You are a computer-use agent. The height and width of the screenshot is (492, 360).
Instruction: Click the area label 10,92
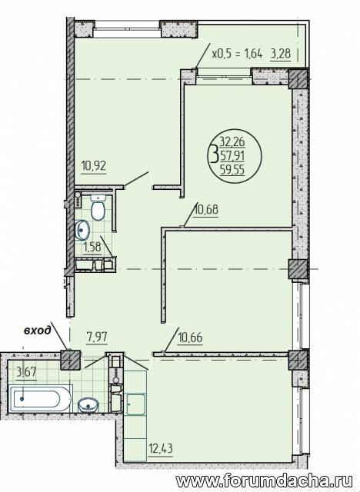click(x=94, y=165)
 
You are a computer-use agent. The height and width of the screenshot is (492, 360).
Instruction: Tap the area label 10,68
click(x=206, y=209)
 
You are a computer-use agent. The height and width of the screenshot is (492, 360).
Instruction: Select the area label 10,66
click(x=190, y=338)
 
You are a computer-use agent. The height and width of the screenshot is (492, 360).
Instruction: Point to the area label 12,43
click(x=160, y=448)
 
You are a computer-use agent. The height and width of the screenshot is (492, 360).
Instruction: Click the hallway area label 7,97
click(x=97, y=337)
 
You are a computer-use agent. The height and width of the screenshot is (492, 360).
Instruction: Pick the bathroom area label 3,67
click(x=26, y=372)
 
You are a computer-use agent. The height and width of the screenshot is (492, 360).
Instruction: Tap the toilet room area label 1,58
click(x=92, y=247)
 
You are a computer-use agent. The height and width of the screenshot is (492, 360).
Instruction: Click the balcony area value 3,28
click(x=280, y=54)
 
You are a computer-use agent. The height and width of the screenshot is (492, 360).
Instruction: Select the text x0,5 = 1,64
click(x=237, y=54)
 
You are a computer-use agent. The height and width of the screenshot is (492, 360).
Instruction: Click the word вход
click(x=38, y=330)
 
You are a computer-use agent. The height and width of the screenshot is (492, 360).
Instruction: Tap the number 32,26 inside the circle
click(x=232, y=142)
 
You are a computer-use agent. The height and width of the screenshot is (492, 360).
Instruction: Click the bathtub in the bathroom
click(x=40, y=399)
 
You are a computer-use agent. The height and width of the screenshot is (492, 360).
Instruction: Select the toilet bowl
click(x=98, y=208)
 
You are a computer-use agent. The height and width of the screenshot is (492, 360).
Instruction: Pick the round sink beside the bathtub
click(x=88, y=405)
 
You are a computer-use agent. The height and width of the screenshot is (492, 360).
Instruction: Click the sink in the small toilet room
click(x=82, y=230)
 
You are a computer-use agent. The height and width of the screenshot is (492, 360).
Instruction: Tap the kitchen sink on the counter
click(x=136, y=404)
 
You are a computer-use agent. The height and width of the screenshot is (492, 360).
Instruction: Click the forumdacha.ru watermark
click(x=264, y=480)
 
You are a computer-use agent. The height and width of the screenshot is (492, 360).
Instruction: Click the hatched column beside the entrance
click(x=70, y=360)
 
